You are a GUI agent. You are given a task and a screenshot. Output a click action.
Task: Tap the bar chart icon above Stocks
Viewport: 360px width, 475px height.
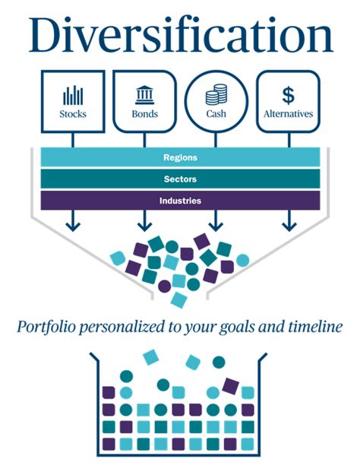[x=72, y=96]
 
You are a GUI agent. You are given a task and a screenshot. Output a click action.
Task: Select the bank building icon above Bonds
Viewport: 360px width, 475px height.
[x=144, y=95]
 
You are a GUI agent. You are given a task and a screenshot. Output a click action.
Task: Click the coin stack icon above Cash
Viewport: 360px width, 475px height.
[x=216, y=96]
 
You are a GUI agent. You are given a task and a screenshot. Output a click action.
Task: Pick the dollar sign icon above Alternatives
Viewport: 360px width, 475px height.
[x=288, y=95]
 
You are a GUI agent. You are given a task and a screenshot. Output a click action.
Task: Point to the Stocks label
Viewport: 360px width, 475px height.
[x=72, y=115]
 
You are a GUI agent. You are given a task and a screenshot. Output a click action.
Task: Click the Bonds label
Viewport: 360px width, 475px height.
[x=144, y=115]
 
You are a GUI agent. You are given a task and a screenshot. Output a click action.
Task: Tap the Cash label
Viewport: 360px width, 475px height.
[x=216, y=115]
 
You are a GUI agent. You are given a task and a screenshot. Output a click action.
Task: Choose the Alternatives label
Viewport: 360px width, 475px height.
[x=288, y=115]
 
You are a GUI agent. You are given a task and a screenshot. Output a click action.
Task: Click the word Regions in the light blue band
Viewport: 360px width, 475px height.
[x=180, y=158]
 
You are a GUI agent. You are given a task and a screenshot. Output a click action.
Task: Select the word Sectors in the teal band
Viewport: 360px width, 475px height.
[x=180, y=179]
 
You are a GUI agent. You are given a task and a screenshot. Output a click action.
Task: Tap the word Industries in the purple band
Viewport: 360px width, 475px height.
[x=180, y=201]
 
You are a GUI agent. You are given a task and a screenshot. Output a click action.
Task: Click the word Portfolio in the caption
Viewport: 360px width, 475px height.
[x=47, y=328]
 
